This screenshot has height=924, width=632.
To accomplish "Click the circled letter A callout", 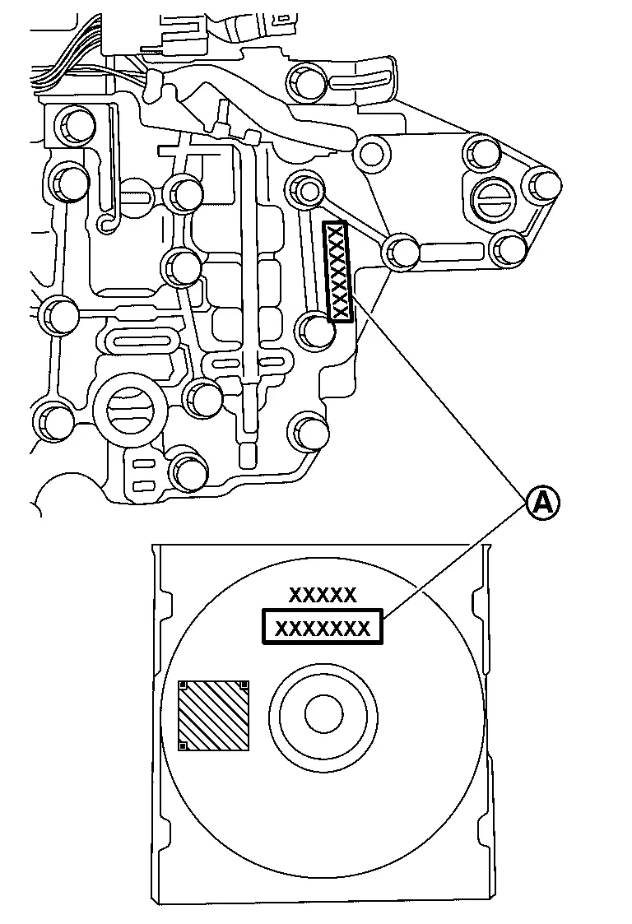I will pyautogui.click(x=542, y=501).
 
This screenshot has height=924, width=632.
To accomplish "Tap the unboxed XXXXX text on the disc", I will pyautogui.click(x=323, y=595).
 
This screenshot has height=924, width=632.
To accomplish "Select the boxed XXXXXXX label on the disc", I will pyautogui.click(x=323, y=629).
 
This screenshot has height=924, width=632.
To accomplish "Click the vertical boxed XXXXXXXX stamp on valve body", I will pyautogui.click(x=337, y=272).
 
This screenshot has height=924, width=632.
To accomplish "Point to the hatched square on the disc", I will pyautogui.click(x=214, y=715).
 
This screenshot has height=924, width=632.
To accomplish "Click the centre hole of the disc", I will pyautogui.click(x=323, y=714).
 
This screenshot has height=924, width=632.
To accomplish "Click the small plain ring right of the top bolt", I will pyautogui.click(x=371, y=152).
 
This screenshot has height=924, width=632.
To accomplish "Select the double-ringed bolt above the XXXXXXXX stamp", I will pyautogui.click(x=307, y=191).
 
